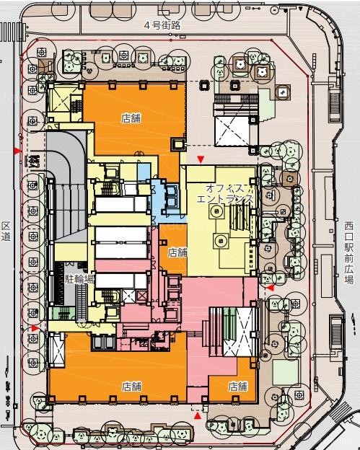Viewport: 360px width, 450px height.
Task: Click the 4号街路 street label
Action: (x=162, y=25)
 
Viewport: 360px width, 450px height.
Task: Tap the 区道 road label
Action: (x=6, y=231)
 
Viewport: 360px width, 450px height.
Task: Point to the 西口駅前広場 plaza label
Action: (x=349, y=253)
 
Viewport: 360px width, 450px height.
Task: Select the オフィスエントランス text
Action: (x=225, y=194)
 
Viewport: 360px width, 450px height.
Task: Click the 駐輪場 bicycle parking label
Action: (x=79, y=279)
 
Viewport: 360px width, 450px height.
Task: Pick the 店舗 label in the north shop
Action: (x=131, y=118)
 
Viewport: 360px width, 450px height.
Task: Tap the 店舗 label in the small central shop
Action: (x=177, y=252)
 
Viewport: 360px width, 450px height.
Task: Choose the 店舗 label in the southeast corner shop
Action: (x=237, y=387)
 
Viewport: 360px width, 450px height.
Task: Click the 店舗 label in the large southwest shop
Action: (x=131, y=387)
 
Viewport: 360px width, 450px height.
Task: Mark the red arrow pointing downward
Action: (x=201, y=159)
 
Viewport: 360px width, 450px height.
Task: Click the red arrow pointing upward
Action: (x=197, y=415)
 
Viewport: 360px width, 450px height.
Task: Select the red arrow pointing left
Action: (x=270, y=287)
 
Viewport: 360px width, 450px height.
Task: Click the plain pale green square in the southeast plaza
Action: (x=286, y=372)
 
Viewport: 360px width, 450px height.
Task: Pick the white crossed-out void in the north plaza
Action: (x=232, y=131)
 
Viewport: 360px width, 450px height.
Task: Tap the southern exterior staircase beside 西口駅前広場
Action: (x=335, y=330)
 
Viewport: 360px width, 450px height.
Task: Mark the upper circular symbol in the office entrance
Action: (x=217, y=212)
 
